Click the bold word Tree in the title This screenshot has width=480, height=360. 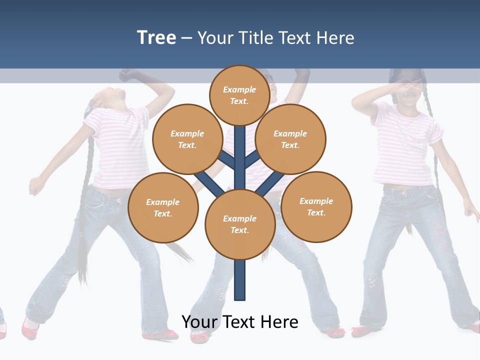[x=156, y=37]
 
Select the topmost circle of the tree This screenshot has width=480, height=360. [x=239, y=95]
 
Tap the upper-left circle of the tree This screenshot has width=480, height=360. [x=187, y=139]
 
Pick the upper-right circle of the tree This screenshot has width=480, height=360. [x=290, y=139]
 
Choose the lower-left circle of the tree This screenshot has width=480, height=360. [x=163, y=207]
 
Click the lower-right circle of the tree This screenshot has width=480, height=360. [x=316, y=206]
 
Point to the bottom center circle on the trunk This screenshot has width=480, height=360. [x=240, y=224]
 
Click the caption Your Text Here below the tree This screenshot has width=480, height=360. [x=240, y=322]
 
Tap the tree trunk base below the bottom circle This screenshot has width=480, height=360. [x=240, y=280]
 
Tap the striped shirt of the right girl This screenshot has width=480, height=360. [x=405, y=145]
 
